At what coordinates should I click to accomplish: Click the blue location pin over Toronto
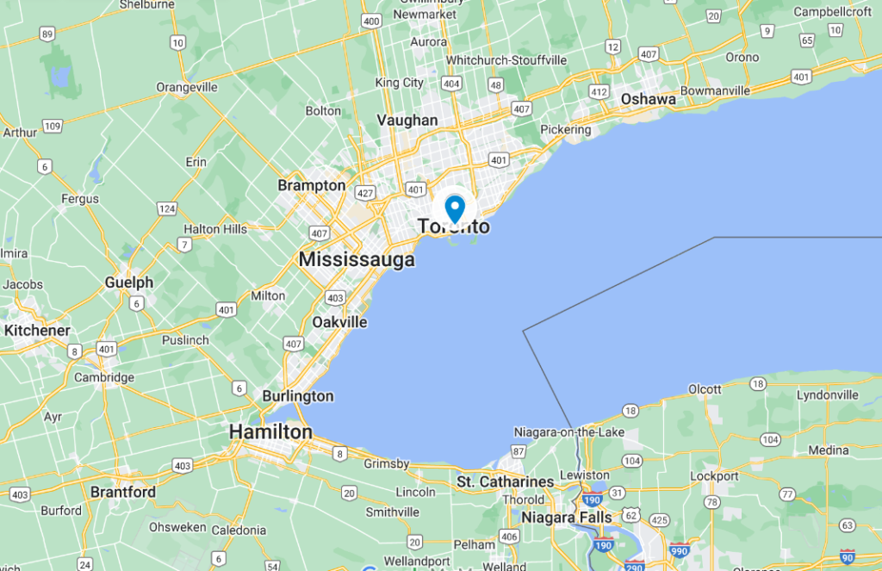[455, 208]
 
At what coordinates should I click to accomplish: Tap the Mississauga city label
[357, 259]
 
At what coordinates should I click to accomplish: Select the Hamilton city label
[270, 431]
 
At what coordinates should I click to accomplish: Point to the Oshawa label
[648, 99]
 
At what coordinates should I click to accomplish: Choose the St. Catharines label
[506, 481]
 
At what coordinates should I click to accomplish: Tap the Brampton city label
[311, 185]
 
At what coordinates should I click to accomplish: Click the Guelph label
[129, 282]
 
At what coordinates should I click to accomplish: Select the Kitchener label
[37, 331]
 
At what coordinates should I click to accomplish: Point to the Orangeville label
[187, 87]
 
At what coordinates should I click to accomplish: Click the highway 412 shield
[599, 91]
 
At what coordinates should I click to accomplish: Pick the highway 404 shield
[450, 84]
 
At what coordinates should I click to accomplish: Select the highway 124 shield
[166, 209]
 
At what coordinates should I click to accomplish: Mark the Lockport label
[714, 476]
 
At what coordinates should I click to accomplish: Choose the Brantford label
[123, 493]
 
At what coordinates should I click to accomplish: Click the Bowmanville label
[716, 90]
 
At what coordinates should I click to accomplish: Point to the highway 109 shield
[53, 126]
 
